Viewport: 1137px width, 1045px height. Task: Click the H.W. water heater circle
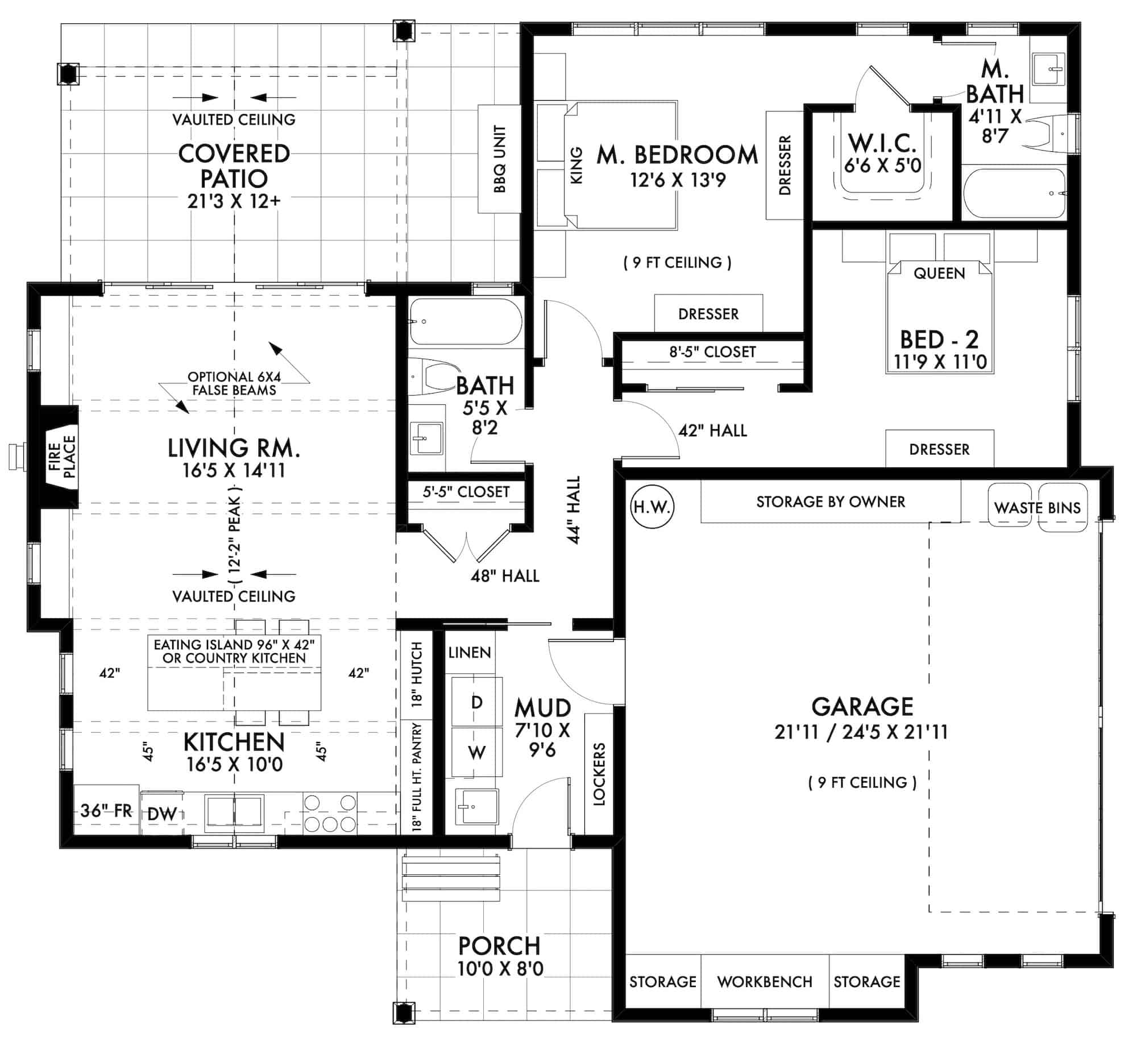tap(652, 507)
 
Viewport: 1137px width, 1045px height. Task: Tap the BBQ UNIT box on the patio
tap(499, 159)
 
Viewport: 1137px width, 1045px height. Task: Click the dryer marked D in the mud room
tap(477, 702)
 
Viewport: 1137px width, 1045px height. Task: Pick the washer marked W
tap(477, 752)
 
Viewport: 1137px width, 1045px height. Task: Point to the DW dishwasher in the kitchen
tap(162, 814)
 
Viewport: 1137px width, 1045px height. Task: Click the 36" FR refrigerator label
tap(106, 810)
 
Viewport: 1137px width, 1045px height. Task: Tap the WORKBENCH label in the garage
tap(765, 981)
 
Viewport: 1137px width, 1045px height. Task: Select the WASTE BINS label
tap(1037, 507)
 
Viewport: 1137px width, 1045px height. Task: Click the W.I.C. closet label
tap(882, 142)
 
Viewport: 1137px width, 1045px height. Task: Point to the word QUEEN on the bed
tap(939, 273)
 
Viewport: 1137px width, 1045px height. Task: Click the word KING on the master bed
tap(576, 165)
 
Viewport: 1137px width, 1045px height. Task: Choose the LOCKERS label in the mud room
tap(599, 774)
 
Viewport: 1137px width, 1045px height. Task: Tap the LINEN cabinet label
tap(470, 652)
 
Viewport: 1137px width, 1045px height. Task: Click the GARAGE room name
tap(862, 707)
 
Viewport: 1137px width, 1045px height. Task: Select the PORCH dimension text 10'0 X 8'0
tap(500, 968)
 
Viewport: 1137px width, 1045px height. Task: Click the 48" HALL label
tap(505, 576)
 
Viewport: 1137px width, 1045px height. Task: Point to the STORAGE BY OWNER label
tap(831, 501)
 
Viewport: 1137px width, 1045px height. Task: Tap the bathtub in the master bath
tap(1015, 193)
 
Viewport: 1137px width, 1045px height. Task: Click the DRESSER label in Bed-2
tap(939, 449)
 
